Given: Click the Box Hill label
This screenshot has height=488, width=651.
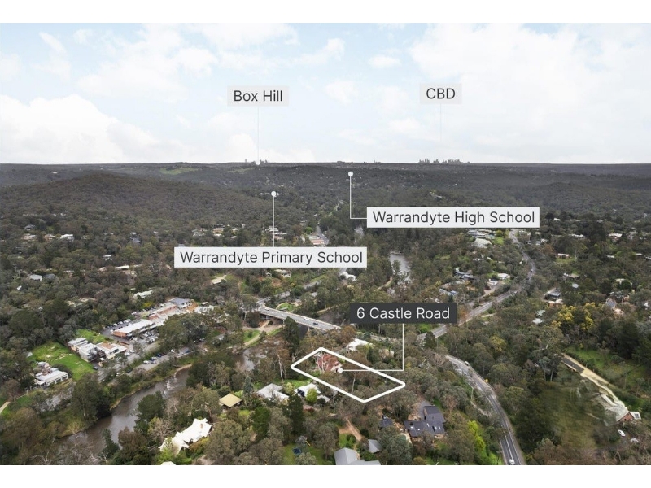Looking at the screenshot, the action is pyautogui.click(x=258, y=96).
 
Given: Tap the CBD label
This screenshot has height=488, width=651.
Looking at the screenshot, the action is pyautogui.click(x=440, y=94).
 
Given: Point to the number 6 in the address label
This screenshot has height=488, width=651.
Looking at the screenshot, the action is pyautogui.click(x=360, y=313).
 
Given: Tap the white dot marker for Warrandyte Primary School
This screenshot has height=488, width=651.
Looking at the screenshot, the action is pyautogui.click(x=273, y=194).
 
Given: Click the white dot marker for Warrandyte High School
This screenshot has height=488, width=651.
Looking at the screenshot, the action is pyautogui.click(x=351, y=174).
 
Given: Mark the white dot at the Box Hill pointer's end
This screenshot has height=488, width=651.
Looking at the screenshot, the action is pyautogui.click(x=258, y=163).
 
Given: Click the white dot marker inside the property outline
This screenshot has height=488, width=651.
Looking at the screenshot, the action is pyautogui.click(x=340, y=370).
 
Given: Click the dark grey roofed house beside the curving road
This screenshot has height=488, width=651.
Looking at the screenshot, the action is pyautogui.click(x=426, y=421).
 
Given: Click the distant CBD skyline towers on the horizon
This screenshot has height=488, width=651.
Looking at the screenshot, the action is pyautogui.click(x=443, y=160).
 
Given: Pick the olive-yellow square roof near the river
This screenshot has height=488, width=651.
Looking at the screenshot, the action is pyautogui.click(x=230, y=400).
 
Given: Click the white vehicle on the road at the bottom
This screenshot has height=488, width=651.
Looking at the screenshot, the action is pyautogui.click(x=512, y=461).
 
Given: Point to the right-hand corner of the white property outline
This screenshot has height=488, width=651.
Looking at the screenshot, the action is pyautogui.click(x=404, y=385).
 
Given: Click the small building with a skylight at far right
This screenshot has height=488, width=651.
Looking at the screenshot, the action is pyautogui.click(x=634, y=416).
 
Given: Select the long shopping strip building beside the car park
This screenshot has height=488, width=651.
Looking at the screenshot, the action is pyautogui.click(x=134, y=328).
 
